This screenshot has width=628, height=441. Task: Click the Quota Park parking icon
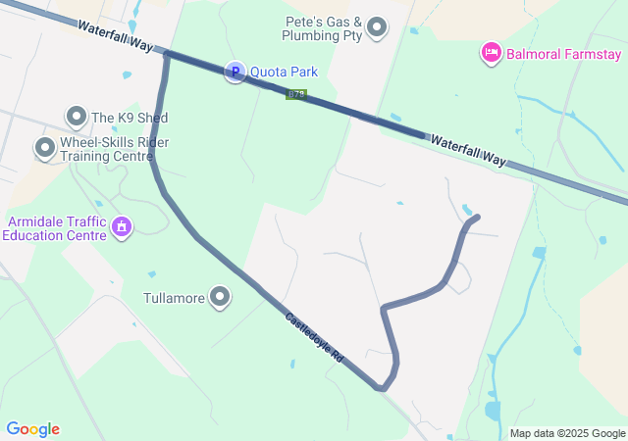[x=235, y=72]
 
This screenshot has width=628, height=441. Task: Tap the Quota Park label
[x=284, y=72]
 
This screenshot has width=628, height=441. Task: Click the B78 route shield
[x=296, y=95]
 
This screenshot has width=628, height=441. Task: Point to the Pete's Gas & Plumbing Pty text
[x=323, y=28]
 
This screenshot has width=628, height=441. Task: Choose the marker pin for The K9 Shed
[x=77, y=117]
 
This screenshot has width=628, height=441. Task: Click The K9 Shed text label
[x=130, y=118]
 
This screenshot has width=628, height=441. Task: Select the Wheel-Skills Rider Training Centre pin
[x=44, y=148]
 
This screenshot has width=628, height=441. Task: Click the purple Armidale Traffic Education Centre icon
[x=122, y=227]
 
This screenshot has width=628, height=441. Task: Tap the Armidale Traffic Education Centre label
[x=54, y=228]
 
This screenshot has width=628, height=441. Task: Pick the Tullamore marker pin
[x=220, y=297]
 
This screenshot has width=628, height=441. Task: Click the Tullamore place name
[x=175, y=298]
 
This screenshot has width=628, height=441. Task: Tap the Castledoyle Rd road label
[x=314, y=338]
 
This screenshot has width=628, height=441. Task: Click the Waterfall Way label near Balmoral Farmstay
[x=466, y=151]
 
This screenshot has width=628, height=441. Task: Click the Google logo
[x=33, y=429]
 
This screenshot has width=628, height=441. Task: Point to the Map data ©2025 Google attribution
[x=567, y=433]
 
